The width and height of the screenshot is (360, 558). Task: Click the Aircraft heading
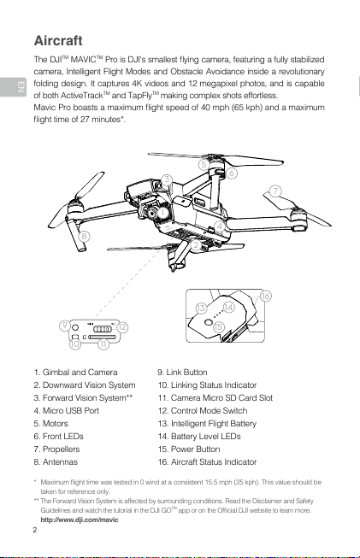(58, 40)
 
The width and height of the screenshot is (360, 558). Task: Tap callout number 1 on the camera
(162, 213)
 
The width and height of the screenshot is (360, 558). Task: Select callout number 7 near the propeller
(274, 191)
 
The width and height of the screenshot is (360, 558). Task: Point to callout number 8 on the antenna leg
(84, 236)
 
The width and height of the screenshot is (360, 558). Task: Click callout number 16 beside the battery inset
(265, 296)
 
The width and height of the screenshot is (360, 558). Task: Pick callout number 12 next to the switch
(122, 327)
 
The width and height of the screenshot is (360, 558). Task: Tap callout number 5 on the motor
(204, 164)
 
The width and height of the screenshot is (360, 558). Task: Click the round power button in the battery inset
(209, 321)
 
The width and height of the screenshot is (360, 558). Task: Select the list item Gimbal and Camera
(75, 373)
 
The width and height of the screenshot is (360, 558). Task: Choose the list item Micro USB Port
(66, 411)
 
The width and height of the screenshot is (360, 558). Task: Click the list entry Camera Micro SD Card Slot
(215, 398)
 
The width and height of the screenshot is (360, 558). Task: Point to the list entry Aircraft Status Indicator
(207, 462)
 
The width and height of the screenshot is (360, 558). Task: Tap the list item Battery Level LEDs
(199, 437)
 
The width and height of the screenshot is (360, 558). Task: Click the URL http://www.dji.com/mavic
(80, 520)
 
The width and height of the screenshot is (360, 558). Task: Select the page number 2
(35, 531)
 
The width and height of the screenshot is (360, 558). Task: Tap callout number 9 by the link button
(64, 326)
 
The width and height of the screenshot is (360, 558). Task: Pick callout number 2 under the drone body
(196, 245)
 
